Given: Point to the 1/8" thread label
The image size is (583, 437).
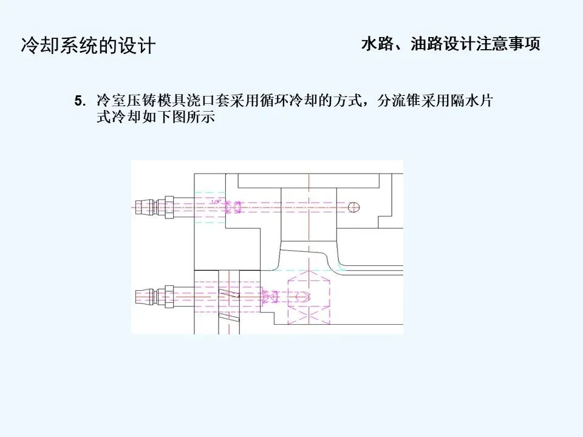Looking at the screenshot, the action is [x=214, y=200].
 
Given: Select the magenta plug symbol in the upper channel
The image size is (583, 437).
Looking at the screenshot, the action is [x=233, y=208].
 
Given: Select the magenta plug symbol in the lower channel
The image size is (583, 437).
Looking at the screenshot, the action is [x=270, y=297].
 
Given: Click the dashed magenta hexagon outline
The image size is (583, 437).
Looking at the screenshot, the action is [x=309, y=297].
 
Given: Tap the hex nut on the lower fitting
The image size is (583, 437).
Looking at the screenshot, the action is [x=169, y=297].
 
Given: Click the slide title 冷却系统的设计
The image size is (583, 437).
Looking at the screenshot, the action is [x=89, y=46].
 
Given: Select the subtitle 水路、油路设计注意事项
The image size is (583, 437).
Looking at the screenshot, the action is [x=450, y=45].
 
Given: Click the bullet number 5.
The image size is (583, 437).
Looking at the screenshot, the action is [x=78, y=101].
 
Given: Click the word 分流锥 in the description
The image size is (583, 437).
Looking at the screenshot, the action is [x=400, y=101].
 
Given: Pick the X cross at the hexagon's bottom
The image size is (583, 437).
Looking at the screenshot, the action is [x=309, y=319].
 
